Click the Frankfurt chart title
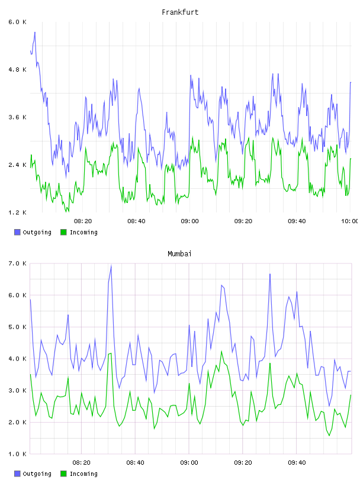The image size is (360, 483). (180, 12)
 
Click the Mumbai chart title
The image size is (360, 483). (179, 254)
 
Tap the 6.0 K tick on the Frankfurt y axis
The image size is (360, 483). (17, 22)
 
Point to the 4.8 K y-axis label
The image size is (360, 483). (17, 70)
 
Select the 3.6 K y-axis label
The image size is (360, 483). (17, 117)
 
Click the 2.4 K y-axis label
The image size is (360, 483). (17, 165)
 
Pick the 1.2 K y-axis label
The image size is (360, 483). (17, 212)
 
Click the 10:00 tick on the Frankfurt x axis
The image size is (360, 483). (349, 221)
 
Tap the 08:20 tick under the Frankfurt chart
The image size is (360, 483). (83, 221)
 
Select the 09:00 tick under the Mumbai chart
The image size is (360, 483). (189, 463)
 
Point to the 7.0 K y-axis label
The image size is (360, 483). (17, 263)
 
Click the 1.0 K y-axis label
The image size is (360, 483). (17, 454)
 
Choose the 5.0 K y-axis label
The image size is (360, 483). (17, 327)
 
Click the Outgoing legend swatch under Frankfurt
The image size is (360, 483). (17, 232)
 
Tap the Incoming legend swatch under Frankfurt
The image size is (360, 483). (63, 232)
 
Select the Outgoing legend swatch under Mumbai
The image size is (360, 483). (17, 474)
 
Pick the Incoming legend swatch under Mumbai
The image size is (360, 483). (63, 474)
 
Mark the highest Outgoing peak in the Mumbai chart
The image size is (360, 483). (111, 266)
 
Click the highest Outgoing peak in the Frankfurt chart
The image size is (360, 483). (35, 33)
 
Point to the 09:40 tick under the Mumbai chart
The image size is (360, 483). (297, 463)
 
